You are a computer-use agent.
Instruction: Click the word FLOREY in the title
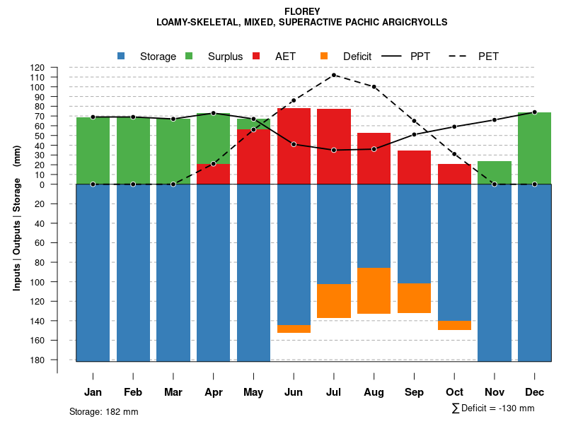pos(302,11)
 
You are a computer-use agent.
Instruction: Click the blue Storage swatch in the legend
pos(122,56)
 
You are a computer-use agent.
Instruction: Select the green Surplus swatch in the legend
pos(190,56)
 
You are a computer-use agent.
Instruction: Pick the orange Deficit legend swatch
pos(325,56)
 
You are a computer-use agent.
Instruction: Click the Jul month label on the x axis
pos(334,392)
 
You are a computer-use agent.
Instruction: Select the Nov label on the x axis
pos(495,392)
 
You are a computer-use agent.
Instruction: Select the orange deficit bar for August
pos(374,290)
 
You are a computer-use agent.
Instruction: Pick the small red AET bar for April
pos(213,174)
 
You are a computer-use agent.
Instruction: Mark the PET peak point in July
pos(334,75)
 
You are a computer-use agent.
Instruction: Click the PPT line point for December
pos(535,112)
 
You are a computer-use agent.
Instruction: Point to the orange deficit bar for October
pos(454,325)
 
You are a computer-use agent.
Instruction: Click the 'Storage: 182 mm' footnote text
pos(104,411)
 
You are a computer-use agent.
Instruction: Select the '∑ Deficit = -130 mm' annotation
pos(492,408)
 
